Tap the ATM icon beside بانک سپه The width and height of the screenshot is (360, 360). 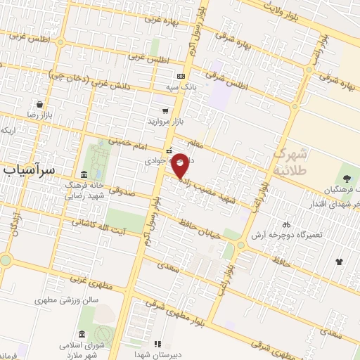[x=182, y=76]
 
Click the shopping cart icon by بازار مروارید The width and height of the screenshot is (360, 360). [x=165, y=111]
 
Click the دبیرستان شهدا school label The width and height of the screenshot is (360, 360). [x=160, y=354]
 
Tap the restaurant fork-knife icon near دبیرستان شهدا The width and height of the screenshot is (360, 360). [x=157, y=344]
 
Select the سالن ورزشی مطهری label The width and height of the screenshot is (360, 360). [x=70, y=300]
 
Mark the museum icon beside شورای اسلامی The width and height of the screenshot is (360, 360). [x=82, y=333]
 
